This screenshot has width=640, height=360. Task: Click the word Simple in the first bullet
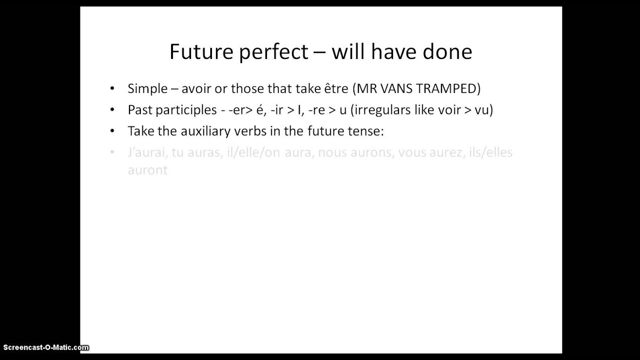click(x=147, y=89)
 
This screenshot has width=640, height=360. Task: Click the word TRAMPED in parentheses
click(x=448, y=89)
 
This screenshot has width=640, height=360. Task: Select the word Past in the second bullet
click(x=138, y=110)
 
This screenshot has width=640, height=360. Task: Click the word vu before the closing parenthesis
click(x=481, y=110)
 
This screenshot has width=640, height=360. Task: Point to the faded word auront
click(x=147, y=170)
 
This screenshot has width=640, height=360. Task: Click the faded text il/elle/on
click(x=253, y=152)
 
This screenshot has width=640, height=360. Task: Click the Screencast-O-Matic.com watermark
click(x=46, y=347)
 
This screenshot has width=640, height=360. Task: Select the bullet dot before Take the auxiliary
click(x=112, y=131)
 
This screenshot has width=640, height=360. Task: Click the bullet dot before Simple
click(x=112, y=89)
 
